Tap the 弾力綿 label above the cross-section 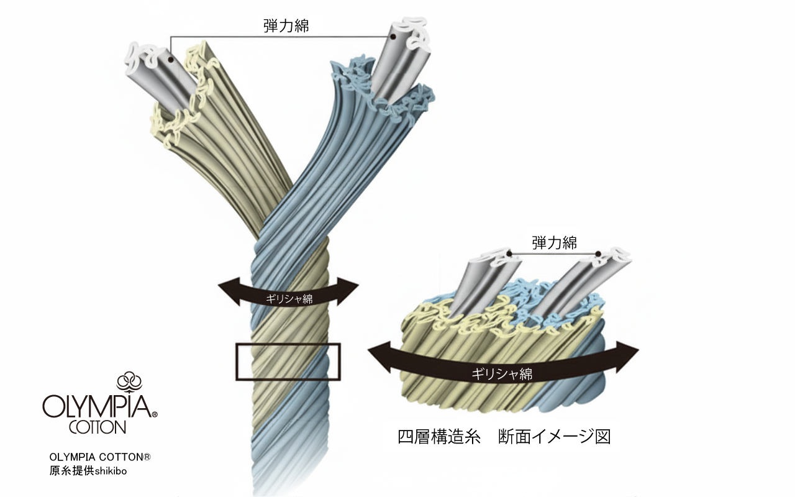(554, 243)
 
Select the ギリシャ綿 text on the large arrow (501, 373)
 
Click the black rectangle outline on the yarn (288, 344)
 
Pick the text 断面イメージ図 (554, 436)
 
